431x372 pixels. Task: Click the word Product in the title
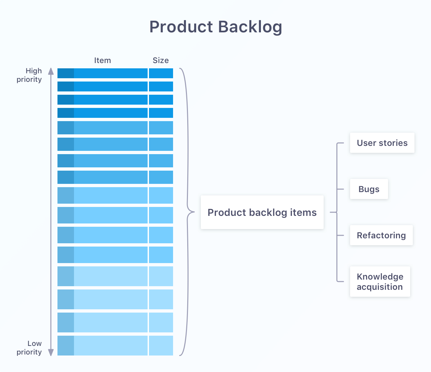point(181,27)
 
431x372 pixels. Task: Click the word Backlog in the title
point(250,27)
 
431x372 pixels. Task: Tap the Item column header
point(102,60)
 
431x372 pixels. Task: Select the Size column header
point(161,60)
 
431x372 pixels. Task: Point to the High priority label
point(30,75)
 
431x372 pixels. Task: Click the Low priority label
point(30,348)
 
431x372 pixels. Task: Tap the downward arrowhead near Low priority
point(51,353)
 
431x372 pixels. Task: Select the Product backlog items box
point(262,213)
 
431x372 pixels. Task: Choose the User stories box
point(382,143)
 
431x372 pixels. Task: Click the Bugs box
point(369,189)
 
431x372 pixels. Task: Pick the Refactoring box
point(381,235)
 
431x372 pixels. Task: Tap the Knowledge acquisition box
point(380,282)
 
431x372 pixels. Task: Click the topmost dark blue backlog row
point(111,73)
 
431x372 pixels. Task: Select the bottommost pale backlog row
point(111,346)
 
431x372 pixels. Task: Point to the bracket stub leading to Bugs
point(341,189)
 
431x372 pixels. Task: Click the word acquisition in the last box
point(379,287)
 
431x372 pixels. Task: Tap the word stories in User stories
point(393,143)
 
